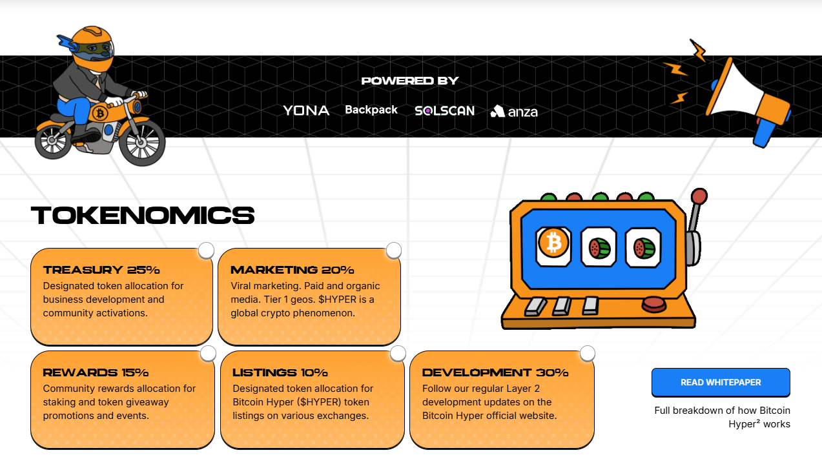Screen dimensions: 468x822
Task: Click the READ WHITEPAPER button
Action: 721,382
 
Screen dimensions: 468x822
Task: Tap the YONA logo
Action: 306,110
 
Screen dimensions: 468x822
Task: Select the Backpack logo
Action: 371,110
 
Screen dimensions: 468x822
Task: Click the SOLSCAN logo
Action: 444,111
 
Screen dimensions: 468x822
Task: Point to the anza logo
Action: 514,112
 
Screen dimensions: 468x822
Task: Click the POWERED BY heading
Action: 410,81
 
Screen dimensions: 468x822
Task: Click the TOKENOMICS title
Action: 143,216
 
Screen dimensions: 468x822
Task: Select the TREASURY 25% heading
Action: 101,270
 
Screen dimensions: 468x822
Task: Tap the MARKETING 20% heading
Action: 292,270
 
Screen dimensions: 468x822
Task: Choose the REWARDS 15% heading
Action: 96,372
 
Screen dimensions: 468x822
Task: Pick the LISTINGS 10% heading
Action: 280,372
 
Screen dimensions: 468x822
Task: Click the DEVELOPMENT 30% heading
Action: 495,372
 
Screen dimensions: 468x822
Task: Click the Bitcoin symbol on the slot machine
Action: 553,243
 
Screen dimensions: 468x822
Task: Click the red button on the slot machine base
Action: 653,303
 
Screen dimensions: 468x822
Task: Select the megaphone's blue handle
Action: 763,132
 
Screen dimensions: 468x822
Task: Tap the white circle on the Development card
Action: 588,353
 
